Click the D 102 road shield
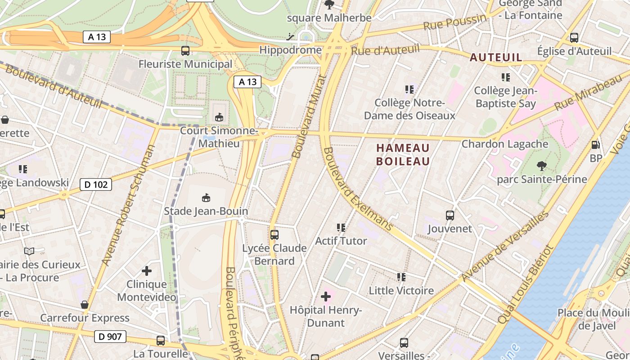tap(95, 184)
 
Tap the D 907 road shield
tap(110, 336)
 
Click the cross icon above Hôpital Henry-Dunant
tap(326, 297)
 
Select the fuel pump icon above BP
tap(595, 145)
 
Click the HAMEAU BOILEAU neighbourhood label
tap(403, 154)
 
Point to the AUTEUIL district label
tap(496, 57)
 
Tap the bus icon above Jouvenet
tap(450, 215)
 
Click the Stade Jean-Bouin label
tap(206, 211)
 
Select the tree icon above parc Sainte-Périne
tap(542, 166)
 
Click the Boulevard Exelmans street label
tap(358, 189)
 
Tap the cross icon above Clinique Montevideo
tap(147, 271)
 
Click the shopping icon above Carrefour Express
tap(84, 305)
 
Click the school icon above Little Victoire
tap(401, 277)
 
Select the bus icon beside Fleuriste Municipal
tap(185, 51)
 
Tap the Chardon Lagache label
tap(505, 144)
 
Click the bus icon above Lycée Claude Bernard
tap(274, 234)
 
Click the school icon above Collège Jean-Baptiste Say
tap(505, 77)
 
